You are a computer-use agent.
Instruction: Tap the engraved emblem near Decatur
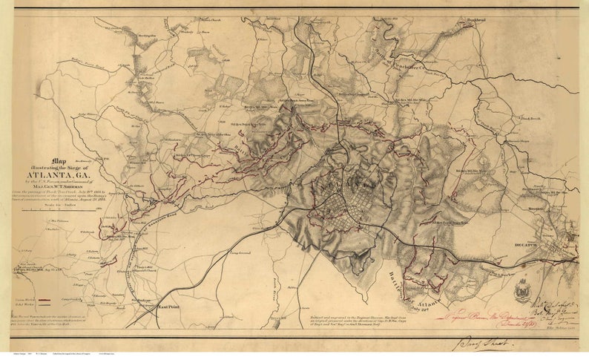(521, 290)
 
